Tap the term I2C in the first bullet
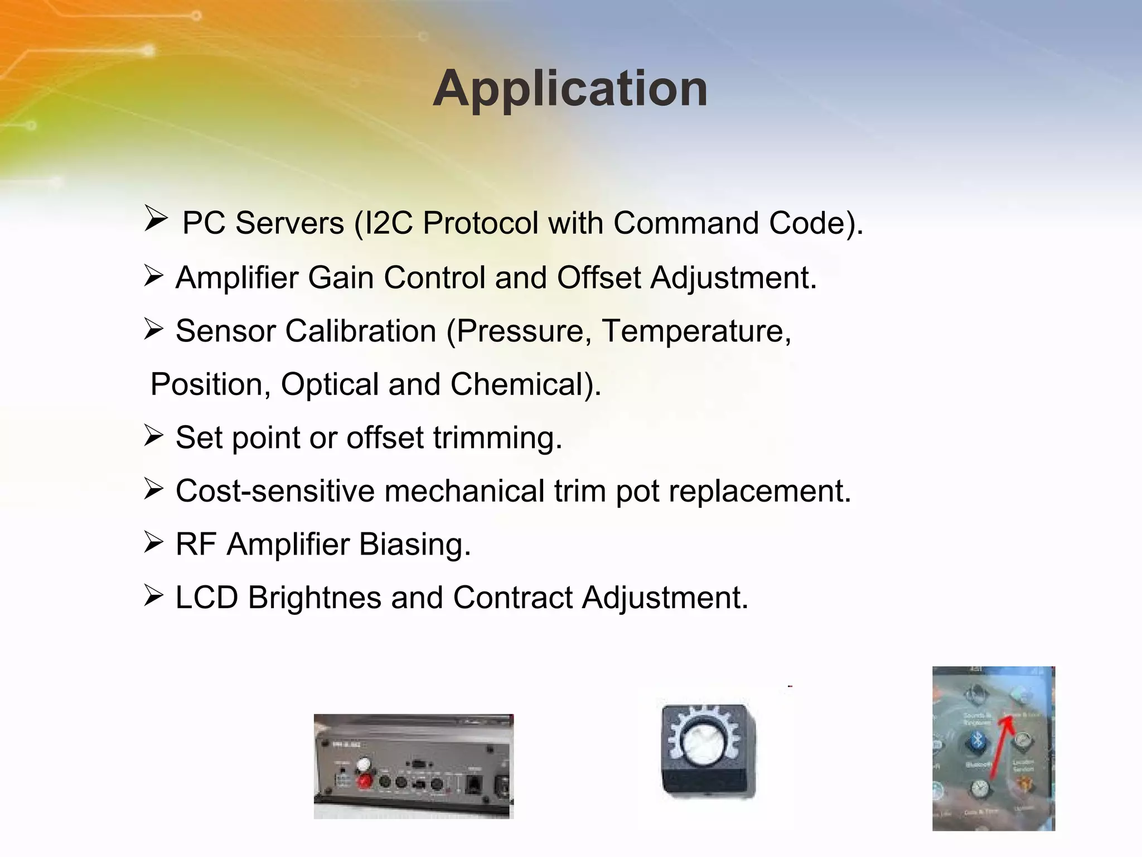coord(388,223)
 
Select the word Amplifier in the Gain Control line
coord(236,277)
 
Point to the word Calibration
coord(360,331)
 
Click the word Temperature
coord(696,331)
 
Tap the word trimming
coord(497,437)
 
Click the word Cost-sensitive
coord(275,491)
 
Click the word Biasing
coord(414,544)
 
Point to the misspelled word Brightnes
coord(314,598)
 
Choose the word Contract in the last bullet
coord(512,598)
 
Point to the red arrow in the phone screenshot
coord(1002,748)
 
